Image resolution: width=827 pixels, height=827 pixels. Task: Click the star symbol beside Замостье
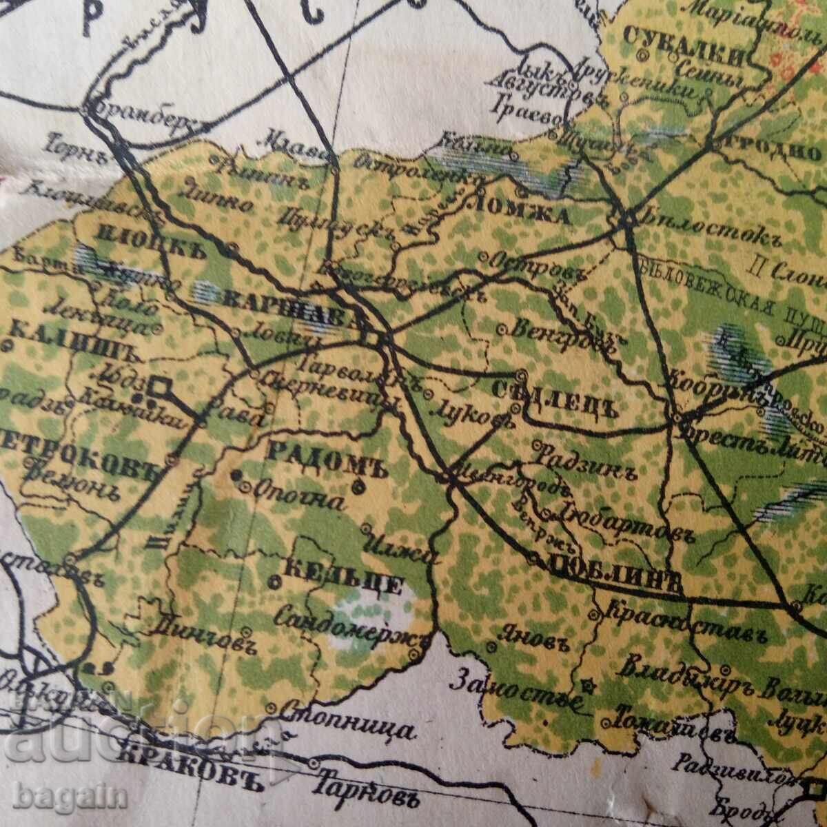click(x=588, y=686)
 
